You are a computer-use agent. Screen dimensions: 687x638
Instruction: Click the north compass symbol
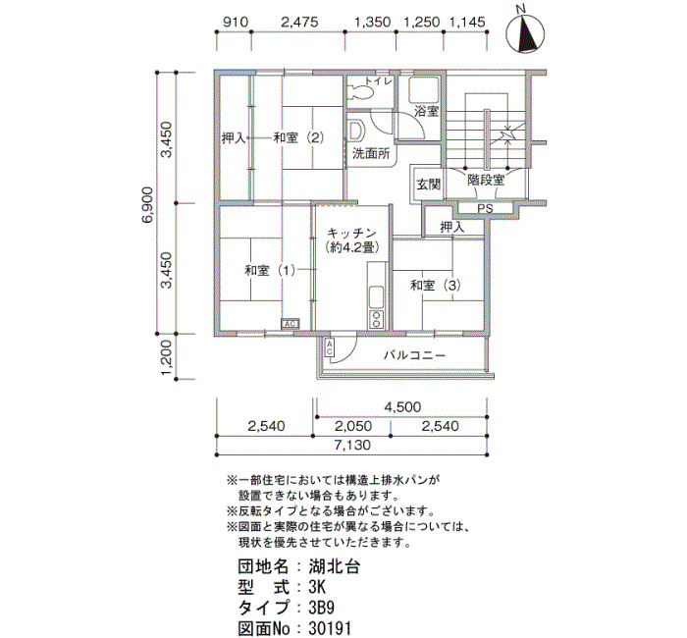pyautogui.click(x=525, y=32)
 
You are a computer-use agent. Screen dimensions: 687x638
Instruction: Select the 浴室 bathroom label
pyautogui.click(x=426, y=111)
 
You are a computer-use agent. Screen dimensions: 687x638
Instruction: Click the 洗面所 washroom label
pyautogui.click(x=371, y=154)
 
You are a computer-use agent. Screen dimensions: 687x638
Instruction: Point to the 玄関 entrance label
pyautogui.click(x=428, y=185)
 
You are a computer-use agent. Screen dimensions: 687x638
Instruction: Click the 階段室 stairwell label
pyautogui.click(x=486, y=180)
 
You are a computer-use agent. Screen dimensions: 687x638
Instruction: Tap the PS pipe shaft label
pyautogui.click(x=485, y=208)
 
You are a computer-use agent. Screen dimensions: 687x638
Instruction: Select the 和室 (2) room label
pyautogui.click(x=298, y=138)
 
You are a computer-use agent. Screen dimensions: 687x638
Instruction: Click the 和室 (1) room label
pyautogui.click(x=270, y=270)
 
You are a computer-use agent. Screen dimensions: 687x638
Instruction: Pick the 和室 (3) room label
pyautogui.click(x=436, y=286)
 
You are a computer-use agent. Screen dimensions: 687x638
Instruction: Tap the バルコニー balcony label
pyautogui.click(x=414, y=355)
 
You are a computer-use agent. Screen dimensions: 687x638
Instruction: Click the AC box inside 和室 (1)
pyautogui.click(x=291, y=324)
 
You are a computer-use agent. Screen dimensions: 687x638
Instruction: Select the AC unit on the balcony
pyautogui.click(x=330, y=347)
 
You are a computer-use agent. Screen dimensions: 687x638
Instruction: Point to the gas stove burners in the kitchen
pyautogui.click(x=376, y=319)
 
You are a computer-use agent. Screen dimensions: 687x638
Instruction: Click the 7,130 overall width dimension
pyautogui.click(x=352, y=446)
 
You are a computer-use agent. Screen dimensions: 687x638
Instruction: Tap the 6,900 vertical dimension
pyautogui.click(x=147, y=204)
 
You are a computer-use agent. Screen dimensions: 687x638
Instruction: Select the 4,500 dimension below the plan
pyautogui.click(x=402, y=407)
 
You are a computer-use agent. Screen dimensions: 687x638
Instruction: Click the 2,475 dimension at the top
pyautogui.click(x=299, y=22)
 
